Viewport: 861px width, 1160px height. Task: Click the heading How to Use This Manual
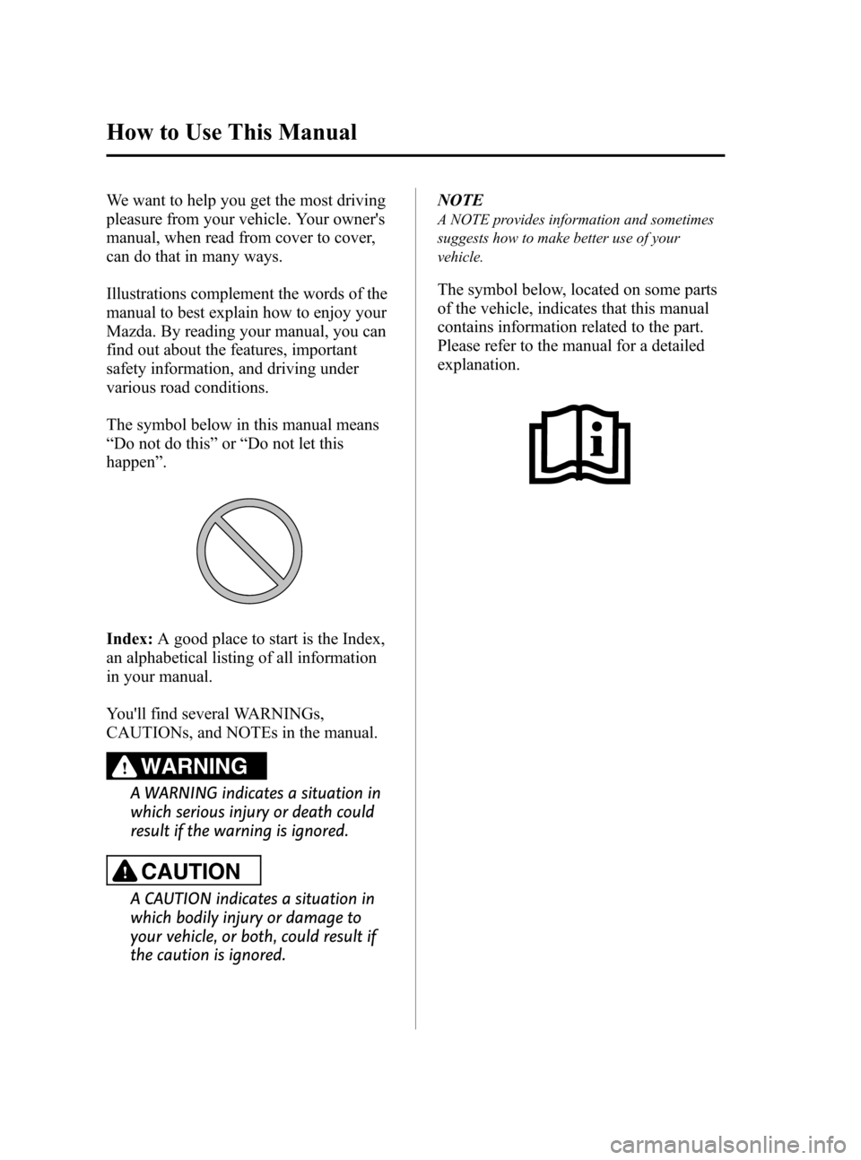[x=231, y=133]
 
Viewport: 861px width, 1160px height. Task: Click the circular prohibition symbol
[x=249, y=551]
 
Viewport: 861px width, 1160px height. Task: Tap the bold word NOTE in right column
[x=460, y=200]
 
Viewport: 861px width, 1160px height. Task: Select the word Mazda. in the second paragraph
[x=129, y=331]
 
